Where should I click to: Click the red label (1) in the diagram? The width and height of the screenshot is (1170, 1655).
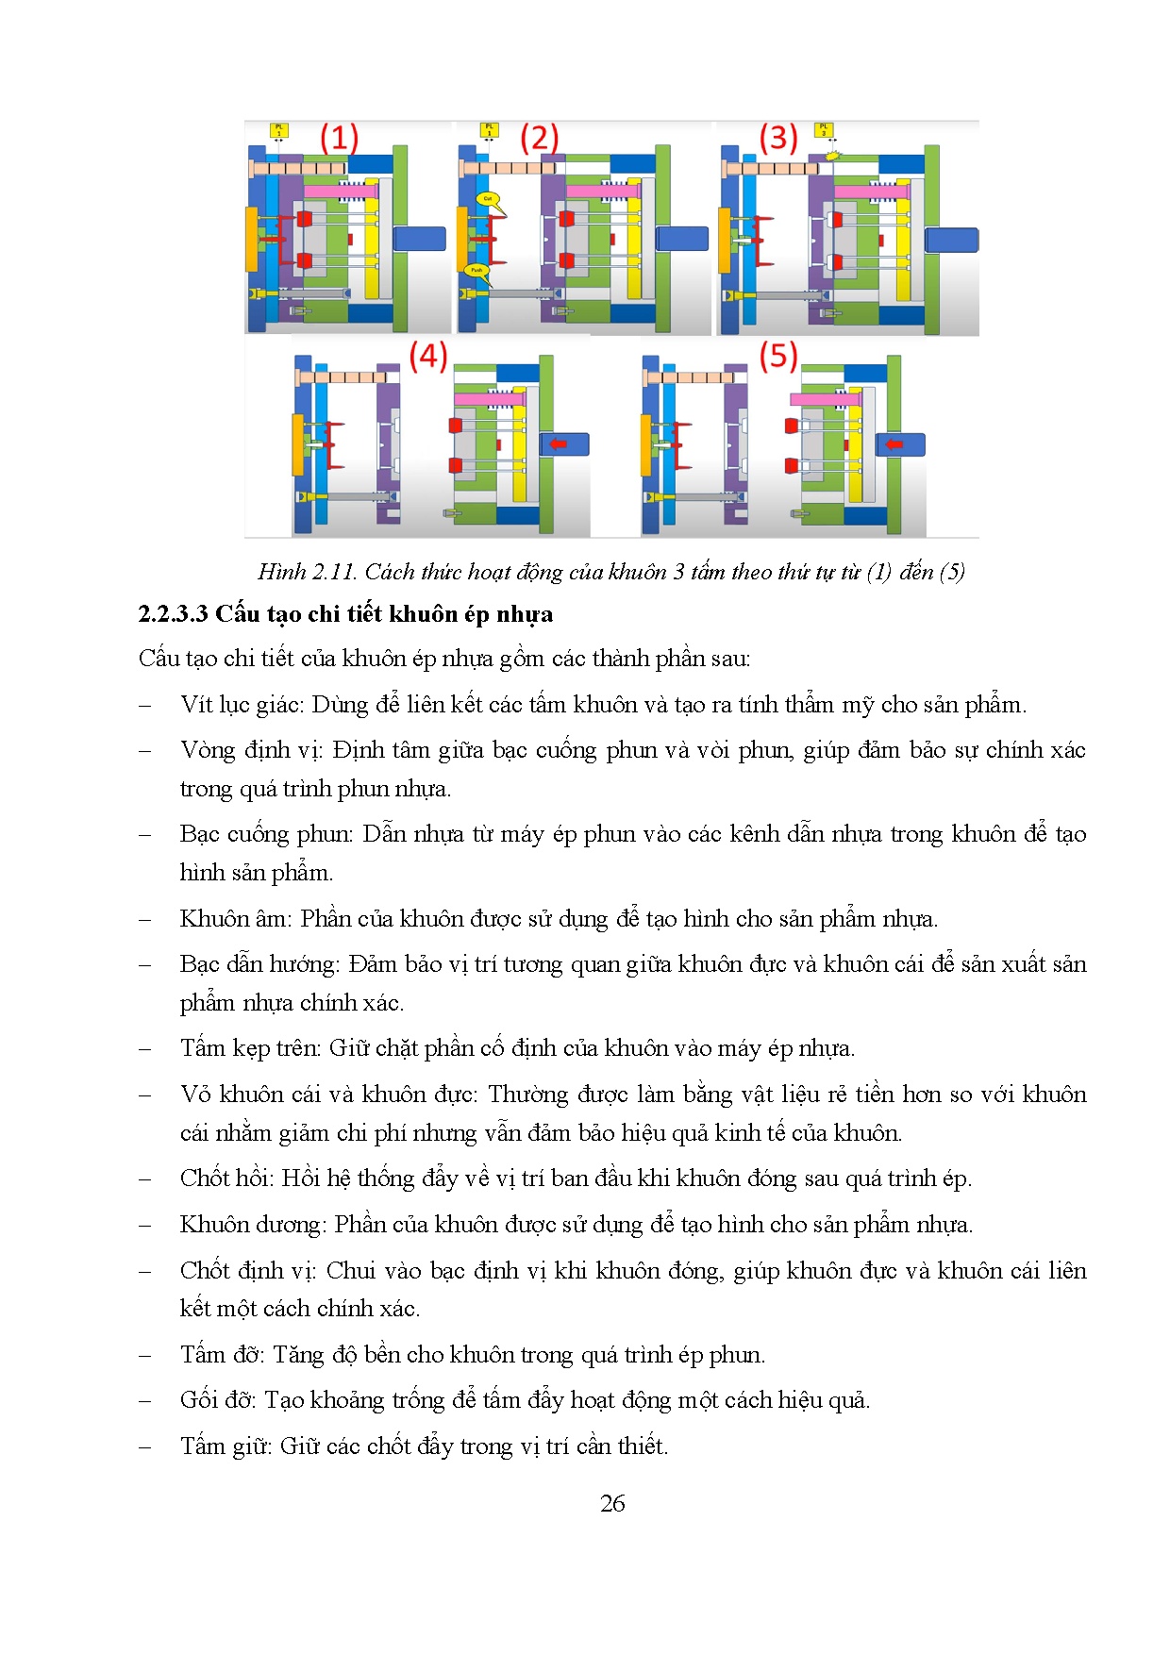pos(339,139)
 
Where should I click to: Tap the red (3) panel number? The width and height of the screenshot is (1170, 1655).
pos(778,138)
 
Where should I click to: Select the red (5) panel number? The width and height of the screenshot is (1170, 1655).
pos(778,356)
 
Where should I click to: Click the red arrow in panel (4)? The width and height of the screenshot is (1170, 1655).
pos(560,443)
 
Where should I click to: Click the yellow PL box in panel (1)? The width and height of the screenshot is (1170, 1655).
pos(278,129)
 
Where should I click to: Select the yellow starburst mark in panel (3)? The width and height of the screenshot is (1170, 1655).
pos(831,156)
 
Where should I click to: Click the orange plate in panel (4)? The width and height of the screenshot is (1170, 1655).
pos(298,444)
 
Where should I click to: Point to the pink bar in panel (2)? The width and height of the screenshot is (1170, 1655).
pos(603,192)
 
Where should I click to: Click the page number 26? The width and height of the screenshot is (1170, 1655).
pos(612,1503)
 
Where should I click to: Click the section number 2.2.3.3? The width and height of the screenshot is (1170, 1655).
pos(173,614)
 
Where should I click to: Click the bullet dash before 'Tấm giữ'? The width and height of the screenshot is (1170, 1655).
pos(145,1447)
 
